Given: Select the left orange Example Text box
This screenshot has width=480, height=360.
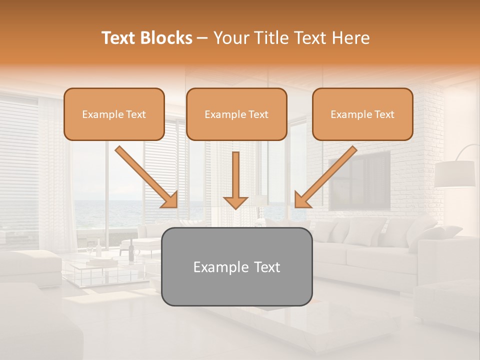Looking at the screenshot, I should (x=114, y=114).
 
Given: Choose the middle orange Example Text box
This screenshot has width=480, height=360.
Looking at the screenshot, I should (x=236, y=114).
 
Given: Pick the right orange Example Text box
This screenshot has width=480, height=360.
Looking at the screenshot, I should (x=362, y=114).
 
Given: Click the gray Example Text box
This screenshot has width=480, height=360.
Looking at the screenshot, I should (x=237, y=266).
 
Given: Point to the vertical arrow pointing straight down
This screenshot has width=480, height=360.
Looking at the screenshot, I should (x=235, y=175).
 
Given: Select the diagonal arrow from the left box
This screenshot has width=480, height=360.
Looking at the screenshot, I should (x=145, y=175).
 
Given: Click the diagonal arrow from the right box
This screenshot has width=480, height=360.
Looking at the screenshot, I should (x=327, y=175).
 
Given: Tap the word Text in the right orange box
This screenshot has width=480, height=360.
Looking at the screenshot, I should (x=384, y=114).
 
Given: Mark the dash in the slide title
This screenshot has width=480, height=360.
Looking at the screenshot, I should (x=202, y=38).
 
